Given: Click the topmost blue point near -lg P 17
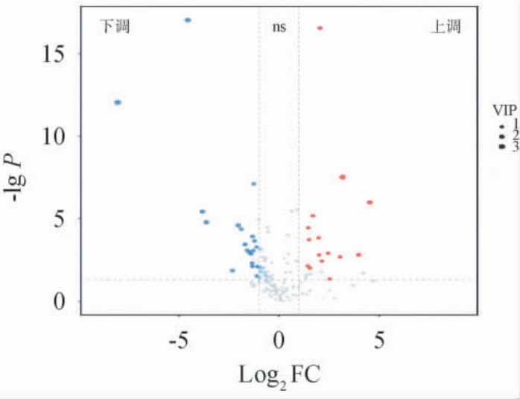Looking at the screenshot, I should [188, 20].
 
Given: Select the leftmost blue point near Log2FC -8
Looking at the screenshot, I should [118, 102].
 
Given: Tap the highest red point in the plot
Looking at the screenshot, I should [320, 28].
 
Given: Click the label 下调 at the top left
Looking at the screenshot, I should [115, 28].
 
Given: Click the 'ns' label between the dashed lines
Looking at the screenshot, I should [279, 28].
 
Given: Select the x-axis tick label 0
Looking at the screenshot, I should [279, 341].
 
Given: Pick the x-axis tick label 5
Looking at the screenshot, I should [379, 341].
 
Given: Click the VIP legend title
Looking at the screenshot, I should [504, 110].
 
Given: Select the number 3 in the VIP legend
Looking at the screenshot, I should [514, 148].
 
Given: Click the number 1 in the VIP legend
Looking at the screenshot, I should [514, 124].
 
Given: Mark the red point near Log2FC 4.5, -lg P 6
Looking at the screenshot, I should [370, 202].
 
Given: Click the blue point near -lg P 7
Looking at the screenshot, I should [253, 183].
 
